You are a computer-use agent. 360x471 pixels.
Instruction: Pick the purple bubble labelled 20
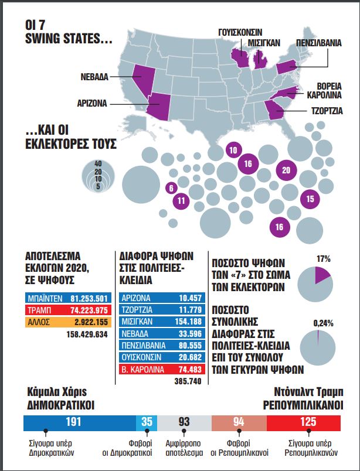286,170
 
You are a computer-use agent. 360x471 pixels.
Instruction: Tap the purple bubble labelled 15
310,199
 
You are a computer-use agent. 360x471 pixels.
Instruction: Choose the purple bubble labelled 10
233,150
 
